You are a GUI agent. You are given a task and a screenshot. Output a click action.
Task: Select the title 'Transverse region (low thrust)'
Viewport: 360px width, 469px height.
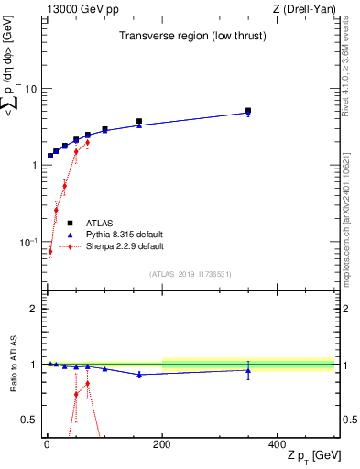pos(190,36)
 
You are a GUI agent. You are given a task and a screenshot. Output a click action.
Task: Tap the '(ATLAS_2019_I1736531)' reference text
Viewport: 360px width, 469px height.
pos(190,274)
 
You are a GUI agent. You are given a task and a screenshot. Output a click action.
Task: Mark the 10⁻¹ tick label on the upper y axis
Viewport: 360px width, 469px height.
pos(27,242)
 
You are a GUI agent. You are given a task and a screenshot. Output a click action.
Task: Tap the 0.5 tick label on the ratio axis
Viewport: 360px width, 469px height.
pos(29,420)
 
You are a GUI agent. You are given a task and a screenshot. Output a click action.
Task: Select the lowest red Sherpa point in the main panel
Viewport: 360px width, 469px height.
pos(50,251)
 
